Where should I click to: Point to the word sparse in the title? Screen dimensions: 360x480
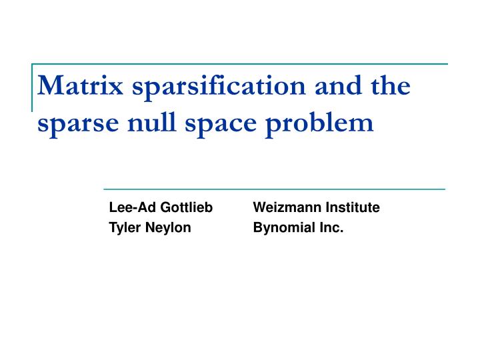click(73, 124)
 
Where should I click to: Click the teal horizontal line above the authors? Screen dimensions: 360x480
click(273, 189)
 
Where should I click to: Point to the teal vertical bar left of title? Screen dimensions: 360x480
click(33, 87)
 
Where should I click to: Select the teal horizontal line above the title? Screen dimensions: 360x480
click(240, 65)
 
